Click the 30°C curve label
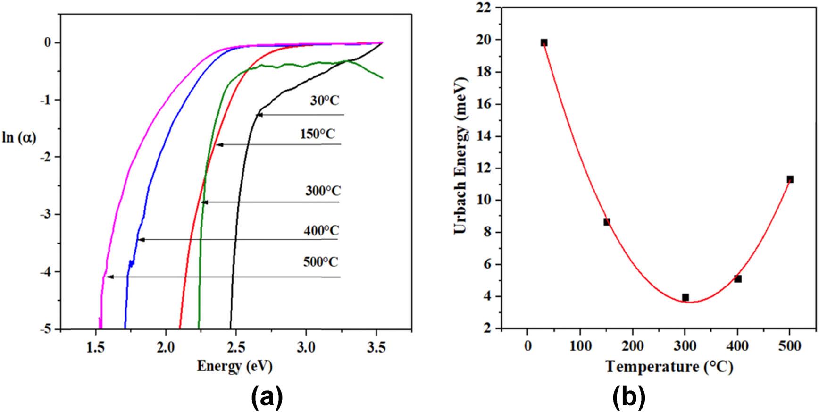coord(325,101)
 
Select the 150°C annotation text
coord(318,134)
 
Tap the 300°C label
coord(323,191)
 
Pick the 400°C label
coord(321,231)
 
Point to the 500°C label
coord(321,261)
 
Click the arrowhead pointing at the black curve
coord(259,115)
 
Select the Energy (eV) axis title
coord(234,366)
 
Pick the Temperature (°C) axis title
coord(669,367)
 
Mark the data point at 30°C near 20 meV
coord(544,42)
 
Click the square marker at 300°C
coord(685,297)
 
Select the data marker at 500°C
coord(790,179)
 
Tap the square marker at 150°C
coord(607,222)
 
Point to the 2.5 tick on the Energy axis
coord(235,348)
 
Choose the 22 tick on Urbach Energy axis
coord(483,8)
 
